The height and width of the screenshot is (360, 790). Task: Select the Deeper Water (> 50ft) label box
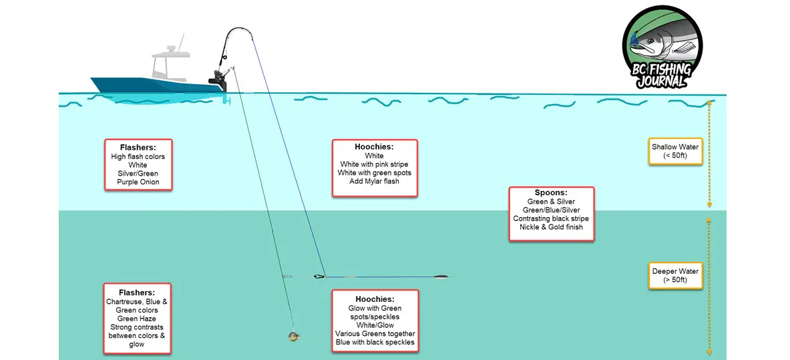tap(675, 276)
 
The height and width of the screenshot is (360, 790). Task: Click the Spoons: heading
tap(551, 193)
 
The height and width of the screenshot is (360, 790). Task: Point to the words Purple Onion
tap(138, 182)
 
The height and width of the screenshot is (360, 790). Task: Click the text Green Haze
tap(138, 319)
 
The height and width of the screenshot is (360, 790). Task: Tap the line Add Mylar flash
tap(375, 182)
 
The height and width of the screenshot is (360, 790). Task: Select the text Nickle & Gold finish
tap(551, 227)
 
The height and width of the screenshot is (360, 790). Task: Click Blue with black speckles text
tap(375, 343)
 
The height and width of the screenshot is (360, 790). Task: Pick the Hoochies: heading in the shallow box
tap(375, 147)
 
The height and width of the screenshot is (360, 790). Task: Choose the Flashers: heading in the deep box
tap(137, 293)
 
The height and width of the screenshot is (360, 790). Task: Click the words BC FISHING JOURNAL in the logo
tap(661, 75)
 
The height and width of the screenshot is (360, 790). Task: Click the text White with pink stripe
tap(375, 164)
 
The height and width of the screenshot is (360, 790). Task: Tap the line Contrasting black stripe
tap(551, 218)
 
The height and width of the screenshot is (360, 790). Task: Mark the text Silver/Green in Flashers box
tap(138, 173)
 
